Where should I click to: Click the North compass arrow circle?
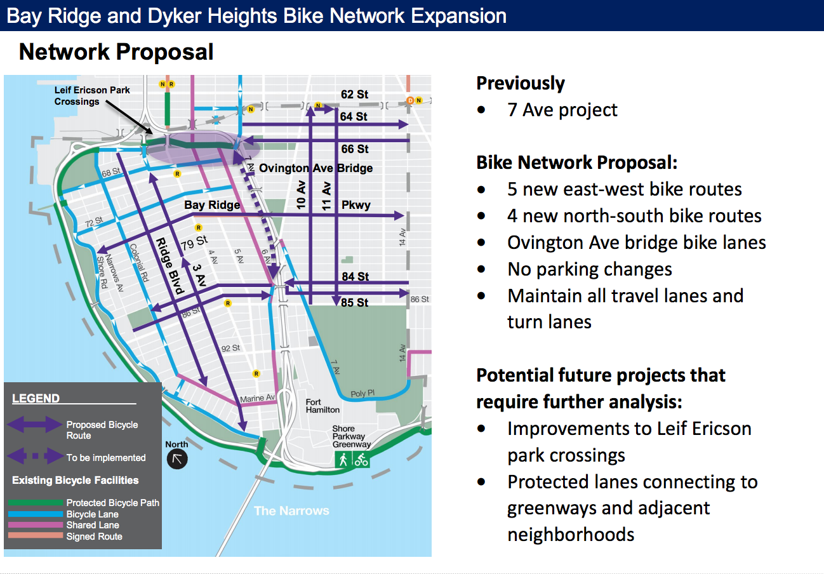tap(177, 459)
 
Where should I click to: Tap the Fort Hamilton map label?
tap(322, 406)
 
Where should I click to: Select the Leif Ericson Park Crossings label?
tap(92, 96)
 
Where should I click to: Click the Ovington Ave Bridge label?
tap(316, 168)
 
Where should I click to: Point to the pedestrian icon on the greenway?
tap(343, 459)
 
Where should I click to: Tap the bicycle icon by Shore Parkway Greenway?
tap(361, 459)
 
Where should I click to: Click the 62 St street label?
tap(354, 94)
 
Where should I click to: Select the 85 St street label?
tap(354, 302)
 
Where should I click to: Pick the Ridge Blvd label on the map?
tap(169, 266)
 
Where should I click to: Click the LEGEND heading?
tap(36, 398)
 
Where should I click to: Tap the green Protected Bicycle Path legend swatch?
tap(36, 503)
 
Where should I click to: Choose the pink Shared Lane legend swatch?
tap(36, 524)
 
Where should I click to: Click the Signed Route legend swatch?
tap(36, 536)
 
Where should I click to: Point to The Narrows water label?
tap(291, 511)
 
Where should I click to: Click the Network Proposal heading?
tap(116, 52)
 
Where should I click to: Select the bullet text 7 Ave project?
tap(562, 110)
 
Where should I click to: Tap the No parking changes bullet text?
tap(590, 269)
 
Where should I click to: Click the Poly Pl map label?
tap(362, 393)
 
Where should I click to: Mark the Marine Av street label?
tap(258, 398)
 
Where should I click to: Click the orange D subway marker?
tap(411, 100)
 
